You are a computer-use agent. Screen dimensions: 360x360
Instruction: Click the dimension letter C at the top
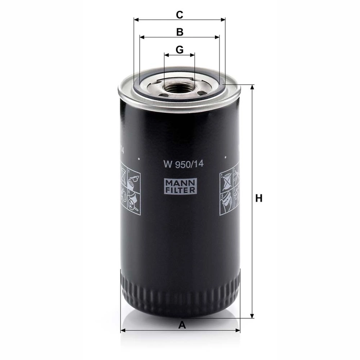179,15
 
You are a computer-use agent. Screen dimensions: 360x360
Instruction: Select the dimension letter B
180,32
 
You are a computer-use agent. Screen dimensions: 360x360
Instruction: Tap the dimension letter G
179,49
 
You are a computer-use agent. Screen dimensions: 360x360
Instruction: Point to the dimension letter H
259,198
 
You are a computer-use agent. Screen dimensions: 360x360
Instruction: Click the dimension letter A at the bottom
182,325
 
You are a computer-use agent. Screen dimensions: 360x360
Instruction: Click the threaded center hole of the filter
180,87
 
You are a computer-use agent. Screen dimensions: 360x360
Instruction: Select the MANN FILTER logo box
180,186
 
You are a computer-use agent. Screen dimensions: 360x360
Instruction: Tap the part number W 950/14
184,164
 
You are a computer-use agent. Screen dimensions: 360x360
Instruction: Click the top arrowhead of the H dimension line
253,87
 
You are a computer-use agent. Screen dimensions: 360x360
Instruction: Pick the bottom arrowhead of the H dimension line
253,316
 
